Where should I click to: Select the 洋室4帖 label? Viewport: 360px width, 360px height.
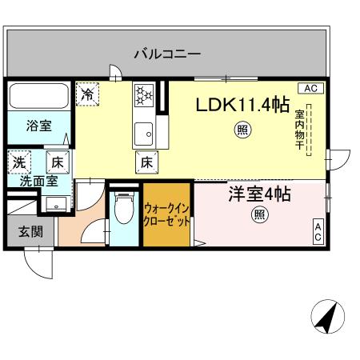click(258, 194)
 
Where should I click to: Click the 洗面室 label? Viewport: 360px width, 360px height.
click(38, 181)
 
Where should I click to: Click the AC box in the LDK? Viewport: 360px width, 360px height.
click(311, 87)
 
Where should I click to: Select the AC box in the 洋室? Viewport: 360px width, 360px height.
click(317, 232)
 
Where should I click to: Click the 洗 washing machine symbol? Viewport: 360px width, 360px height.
click(18, 162)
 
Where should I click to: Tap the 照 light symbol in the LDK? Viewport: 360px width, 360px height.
click(240, 130)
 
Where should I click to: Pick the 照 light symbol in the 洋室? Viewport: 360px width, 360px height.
click(259, 214)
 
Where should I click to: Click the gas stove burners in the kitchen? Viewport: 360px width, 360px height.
click(143, 95)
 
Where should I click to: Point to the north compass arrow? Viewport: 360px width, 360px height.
click(325, 318)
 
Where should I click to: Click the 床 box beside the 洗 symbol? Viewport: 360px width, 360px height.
click(58, 162)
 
